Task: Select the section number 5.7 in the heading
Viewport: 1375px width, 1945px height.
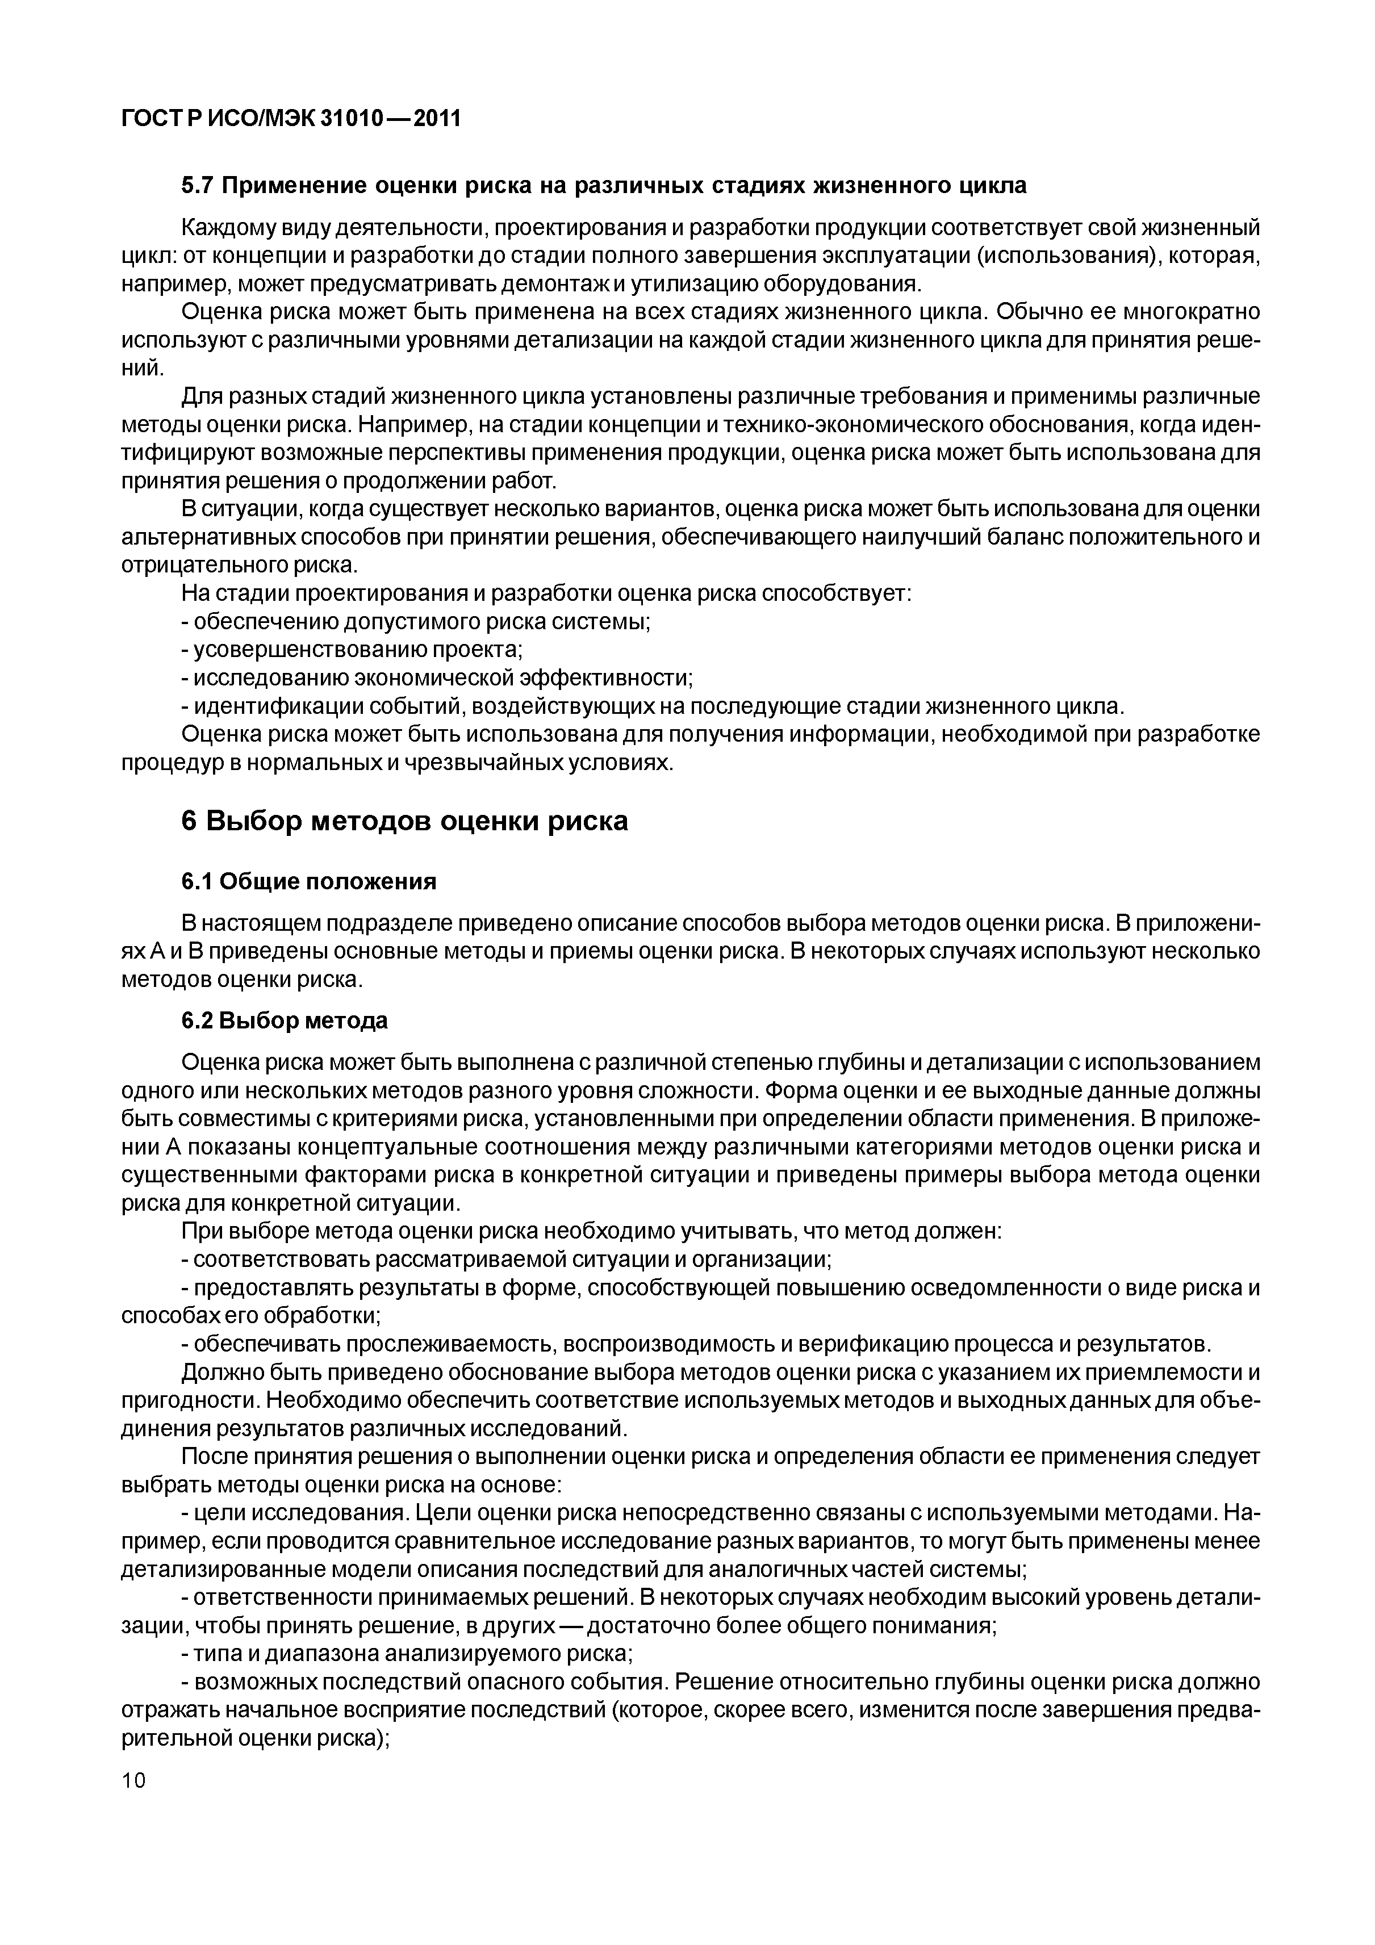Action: point(199,186)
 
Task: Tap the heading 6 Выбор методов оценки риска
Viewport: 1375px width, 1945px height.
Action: point(404,820)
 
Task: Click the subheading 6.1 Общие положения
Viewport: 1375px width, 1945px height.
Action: point(308,882)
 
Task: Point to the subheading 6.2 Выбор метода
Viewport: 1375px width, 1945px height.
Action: point(284,1021)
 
